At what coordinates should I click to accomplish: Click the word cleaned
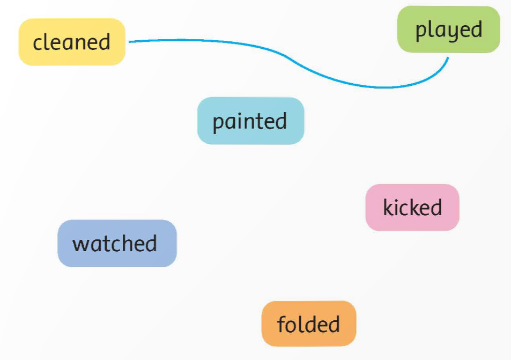[x=72, y=42]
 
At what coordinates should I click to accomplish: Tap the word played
[x=449, y=31]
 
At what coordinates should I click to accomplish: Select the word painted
[x=250, y=122]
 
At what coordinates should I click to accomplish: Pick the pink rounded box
[x=412, y=208]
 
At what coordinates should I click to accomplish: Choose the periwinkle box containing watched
[x=117, y=243]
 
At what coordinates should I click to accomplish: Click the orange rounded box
[x=309, y=324]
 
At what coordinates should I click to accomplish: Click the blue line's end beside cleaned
[x=129, y=42]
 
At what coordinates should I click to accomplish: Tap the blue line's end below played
[x=448, y=58]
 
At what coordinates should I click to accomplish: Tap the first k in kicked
[x=389, y=208]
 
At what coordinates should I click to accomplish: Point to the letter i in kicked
[x=397, y=208]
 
